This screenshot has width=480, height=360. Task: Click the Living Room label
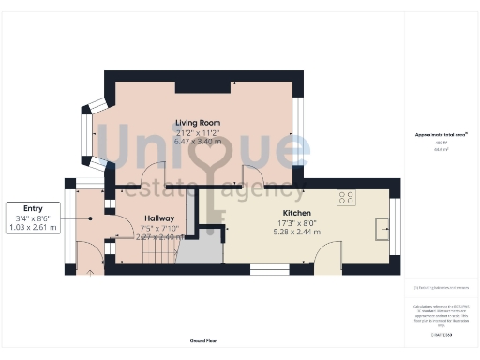pyautogui.click(x=197, y=122)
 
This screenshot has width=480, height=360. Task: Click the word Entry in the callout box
pyautogui.click(x=33, y=207)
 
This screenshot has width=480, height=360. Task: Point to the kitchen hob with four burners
pyautogui.click(x=346, y=198)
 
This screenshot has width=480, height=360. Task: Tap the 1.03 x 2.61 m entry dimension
pyautogui.click(x=33, y=228)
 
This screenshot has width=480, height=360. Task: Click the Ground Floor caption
pyautogui.click(x=203, y=340)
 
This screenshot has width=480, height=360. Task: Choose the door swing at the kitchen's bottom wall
pyautogui.click(x=328, y=255)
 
